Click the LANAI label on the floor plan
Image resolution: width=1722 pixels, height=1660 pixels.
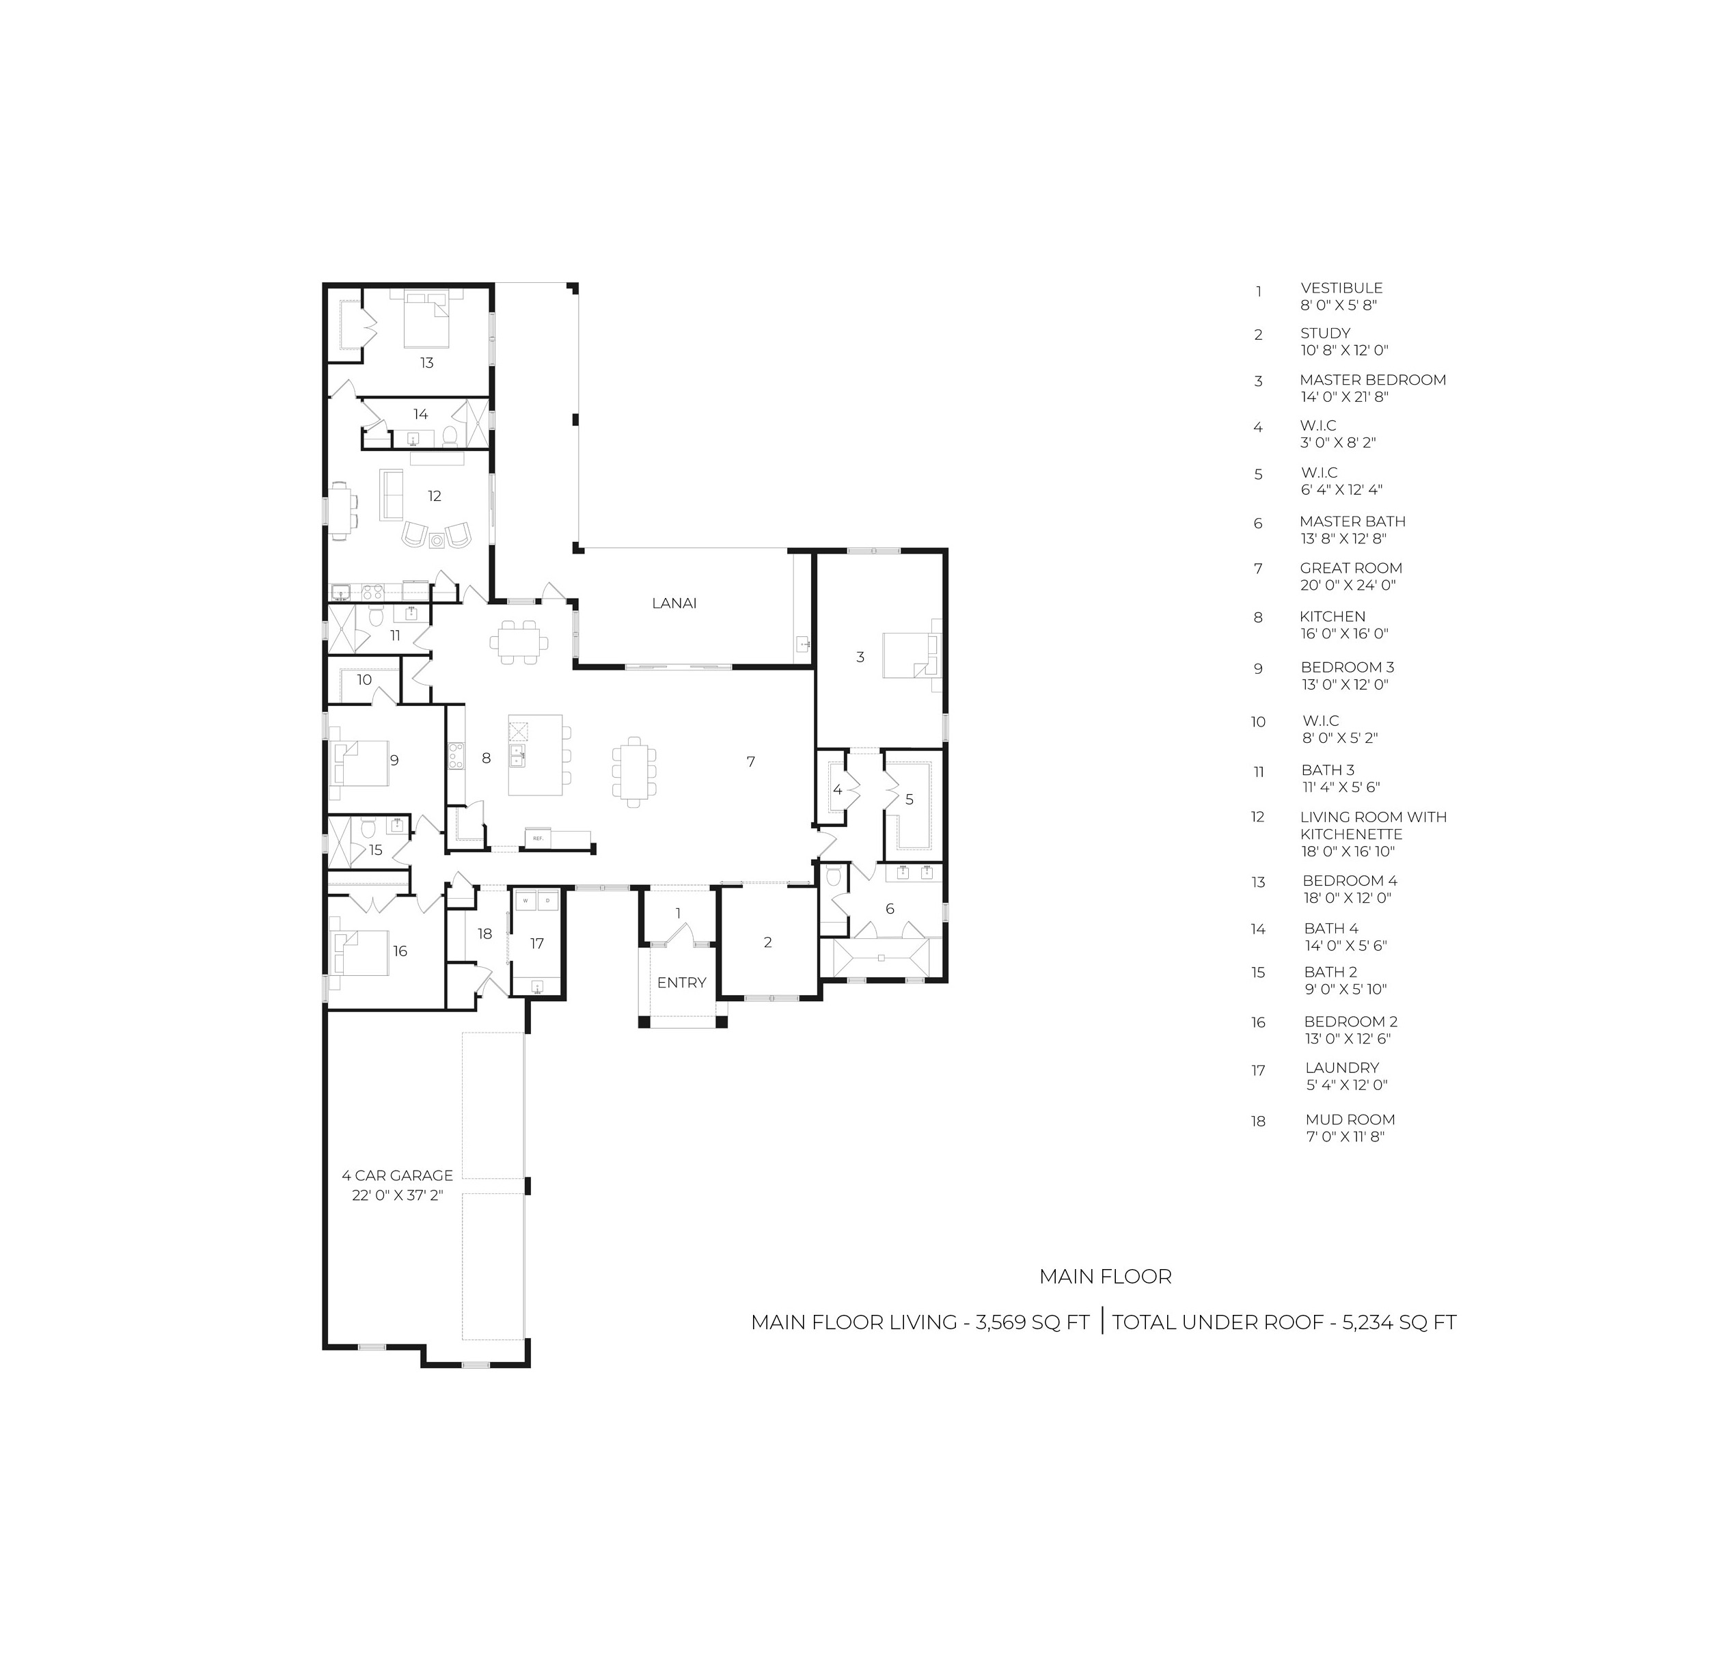(674, 603)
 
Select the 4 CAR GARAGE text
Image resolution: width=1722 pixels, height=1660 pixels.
(397, 1175)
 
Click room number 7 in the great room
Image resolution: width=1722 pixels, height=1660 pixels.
(750, 762)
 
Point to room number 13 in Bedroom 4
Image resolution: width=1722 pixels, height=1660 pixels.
(426, 362)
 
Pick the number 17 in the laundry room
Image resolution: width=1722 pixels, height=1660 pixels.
(537, 943)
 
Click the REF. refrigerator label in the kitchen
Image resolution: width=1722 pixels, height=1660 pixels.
(537, 839)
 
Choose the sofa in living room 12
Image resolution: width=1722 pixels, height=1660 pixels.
(391, 495)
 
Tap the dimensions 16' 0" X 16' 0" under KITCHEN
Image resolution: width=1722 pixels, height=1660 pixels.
(1344, 634)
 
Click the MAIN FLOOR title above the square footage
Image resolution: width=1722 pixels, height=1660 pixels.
(1105, 1277)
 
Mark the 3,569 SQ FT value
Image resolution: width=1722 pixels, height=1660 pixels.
(1033, 1322)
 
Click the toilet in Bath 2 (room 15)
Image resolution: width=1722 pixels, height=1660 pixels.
(369, 827)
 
